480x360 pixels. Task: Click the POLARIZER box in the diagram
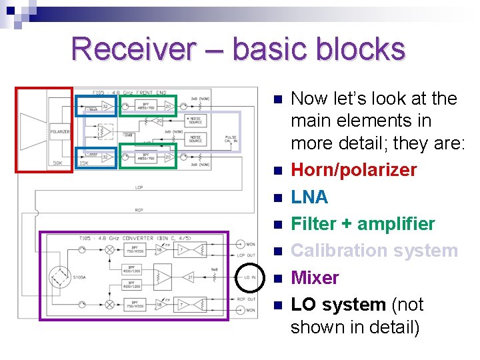(60, 131)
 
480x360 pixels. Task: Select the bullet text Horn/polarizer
(354, 170)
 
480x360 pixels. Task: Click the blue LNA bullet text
(310, 197)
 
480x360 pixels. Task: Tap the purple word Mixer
(315, 277)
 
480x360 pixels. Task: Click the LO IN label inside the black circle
(250, 277)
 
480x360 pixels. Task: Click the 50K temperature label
(59, 163)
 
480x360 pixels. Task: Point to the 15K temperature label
(84, 163)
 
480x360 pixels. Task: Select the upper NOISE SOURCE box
(195, 120)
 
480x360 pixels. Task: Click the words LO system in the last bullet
(338, 305)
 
